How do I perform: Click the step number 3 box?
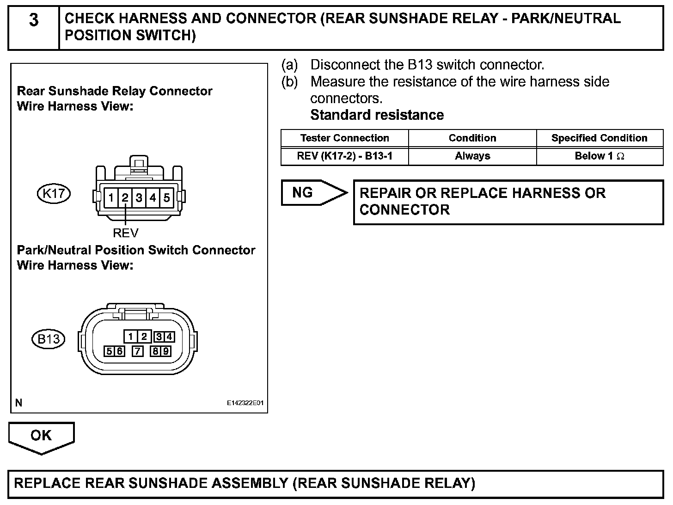34,28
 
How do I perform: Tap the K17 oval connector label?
54,193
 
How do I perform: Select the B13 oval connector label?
49,339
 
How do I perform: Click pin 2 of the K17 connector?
125,198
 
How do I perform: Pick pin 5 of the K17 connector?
166,198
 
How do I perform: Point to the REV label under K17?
125,232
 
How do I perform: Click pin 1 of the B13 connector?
131,337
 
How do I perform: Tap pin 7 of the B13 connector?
138,351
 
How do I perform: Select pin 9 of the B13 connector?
165,351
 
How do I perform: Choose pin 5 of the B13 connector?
109,351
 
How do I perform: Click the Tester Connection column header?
344,138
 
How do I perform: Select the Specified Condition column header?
599,138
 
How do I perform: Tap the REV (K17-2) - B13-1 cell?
344,156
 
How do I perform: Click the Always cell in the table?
472,156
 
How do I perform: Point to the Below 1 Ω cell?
599,156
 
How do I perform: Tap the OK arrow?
41,437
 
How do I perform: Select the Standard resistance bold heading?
377,115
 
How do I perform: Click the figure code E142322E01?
245,403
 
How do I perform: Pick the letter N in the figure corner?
18,403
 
